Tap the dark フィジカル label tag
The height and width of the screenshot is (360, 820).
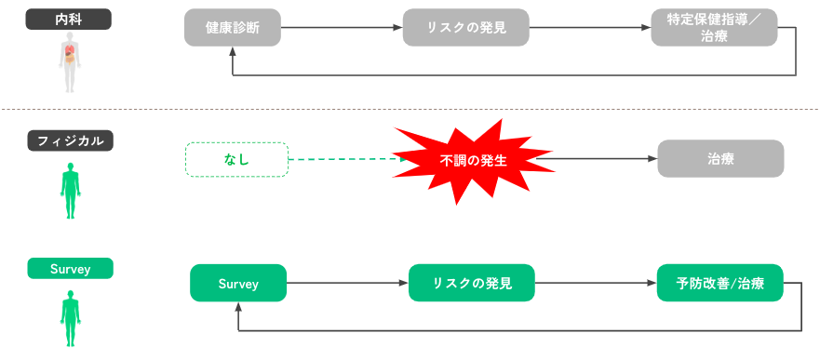click(70, 140)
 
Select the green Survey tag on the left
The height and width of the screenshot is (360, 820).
click(70, 269)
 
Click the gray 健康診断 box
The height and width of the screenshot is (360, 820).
click(232, 28)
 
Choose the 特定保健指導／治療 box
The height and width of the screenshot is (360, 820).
click(714, 28)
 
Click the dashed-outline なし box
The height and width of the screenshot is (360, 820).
click(237, 160)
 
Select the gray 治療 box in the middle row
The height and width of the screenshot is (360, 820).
click(720, 159)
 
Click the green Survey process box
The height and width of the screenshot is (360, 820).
click(237, 283)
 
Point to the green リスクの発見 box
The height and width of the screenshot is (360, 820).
click(472, 283)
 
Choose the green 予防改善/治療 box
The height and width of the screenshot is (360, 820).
click(718, 283)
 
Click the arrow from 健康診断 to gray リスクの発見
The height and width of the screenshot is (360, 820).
click(341, 28)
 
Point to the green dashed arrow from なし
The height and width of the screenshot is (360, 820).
click(344, 160)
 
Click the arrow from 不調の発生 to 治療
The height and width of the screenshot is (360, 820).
click(596, 159)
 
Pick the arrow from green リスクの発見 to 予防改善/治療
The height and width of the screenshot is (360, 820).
click(593, 283)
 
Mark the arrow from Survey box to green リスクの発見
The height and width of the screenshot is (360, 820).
click(346, 283)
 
